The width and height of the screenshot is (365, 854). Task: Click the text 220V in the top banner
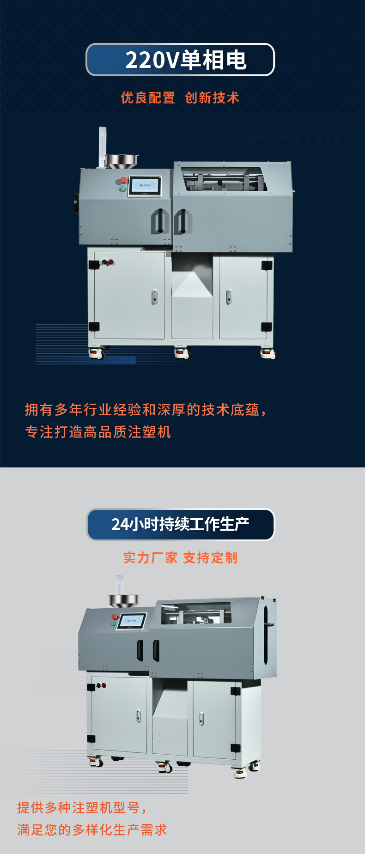152,60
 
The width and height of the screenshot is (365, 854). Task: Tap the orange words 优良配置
148,98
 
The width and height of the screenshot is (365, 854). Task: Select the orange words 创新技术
212,98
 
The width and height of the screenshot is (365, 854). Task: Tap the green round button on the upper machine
122,189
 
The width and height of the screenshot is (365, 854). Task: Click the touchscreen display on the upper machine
145,186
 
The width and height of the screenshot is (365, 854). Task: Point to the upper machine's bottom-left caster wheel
97,353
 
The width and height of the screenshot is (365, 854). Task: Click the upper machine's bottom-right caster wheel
268,354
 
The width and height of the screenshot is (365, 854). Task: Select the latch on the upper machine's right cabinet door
229,297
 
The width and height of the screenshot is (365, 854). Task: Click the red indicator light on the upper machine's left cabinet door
111,262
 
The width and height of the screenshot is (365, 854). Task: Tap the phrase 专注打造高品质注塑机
98,432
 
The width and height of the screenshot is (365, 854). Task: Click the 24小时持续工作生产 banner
181,524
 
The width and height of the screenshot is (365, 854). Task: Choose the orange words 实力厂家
150,558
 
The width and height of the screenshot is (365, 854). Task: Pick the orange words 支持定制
210,558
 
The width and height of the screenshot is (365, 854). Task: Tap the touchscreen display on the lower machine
132,621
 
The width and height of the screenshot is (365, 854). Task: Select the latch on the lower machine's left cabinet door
139,716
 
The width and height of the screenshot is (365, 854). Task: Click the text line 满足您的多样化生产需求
92,830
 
